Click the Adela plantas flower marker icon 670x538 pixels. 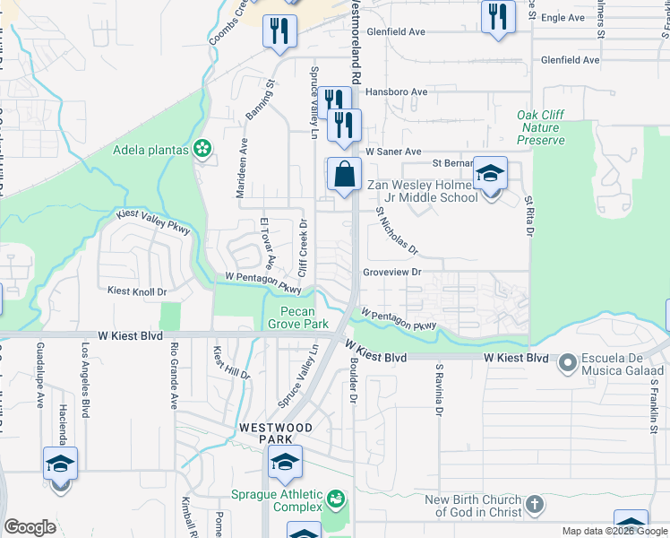[203, 149]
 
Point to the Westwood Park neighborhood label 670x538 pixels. [275, 434]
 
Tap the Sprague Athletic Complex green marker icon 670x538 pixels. [336, 498]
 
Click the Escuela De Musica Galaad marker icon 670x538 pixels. [565, 363]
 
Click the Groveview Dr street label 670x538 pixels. [391, 272]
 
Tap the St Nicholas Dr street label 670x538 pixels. [397, 230]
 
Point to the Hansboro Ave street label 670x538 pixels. [395, 92]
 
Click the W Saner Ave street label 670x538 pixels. [392, 152]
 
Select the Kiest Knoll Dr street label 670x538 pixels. [137, 291]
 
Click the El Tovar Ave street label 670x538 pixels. [266, 242]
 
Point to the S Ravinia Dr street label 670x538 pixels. [439, 388]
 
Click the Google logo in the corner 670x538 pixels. [30, 527]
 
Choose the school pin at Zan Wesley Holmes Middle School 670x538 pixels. [490, 174]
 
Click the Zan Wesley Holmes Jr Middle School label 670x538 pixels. [422, 192]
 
